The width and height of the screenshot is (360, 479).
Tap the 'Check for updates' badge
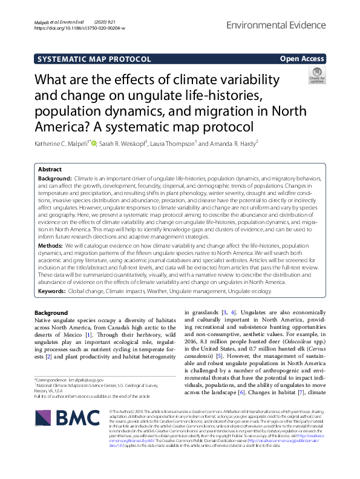coord(316,76)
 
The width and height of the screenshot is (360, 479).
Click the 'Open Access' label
coord(302,59)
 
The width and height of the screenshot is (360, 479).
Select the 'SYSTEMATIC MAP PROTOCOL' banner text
coord(94,59)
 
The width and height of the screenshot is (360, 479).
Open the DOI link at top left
coord(80,28)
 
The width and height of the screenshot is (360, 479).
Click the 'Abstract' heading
coord(50,170)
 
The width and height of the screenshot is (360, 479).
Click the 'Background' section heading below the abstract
coord(51,312)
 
